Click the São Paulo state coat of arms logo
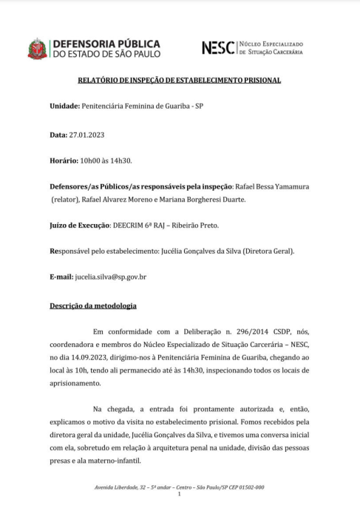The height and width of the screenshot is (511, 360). click(36, 48)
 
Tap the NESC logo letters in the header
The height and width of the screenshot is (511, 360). click(219, 47)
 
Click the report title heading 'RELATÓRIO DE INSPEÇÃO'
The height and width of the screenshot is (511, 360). click(180, 80)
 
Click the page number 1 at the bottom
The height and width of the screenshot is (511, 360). click(180, 494)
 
